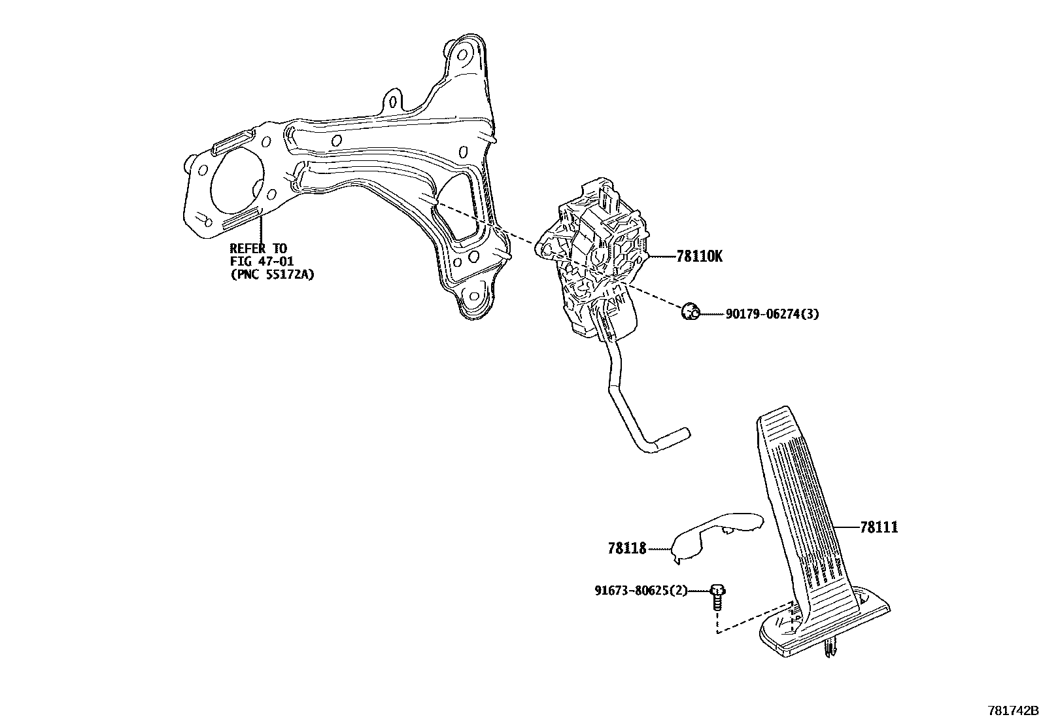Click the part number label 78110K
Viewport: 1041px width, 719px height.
(x=699, y=256)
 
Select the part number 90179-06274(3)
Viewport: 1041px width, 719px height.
(x=772, y=314)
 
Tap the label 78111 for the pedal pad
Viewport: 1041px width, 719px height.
(x=879, y=527)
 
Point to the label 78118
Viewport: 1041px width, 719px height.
(x=626, y=549)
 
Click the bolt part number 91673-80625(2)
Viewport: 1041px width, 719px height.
(x=641, y=591)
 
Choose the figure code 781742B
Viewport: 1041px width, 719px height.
(x=1012, y=710)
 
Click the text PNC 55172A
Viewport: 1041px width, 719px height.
(x=272, y=275)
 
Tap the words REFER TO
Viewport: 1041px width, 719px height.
(x=258, y=249)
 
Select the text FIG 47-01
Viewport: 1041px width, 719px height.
(x=262, y=262)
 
